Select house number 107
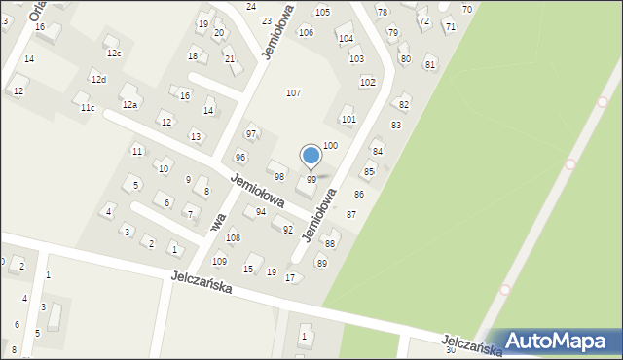pyautogui.click(x=293, y=92)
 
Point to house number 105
pyautogui.click(x=322, y=12)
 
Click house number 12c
pyautogui.click(x=114, y=54)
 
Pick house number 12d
pyautogui.click(x=98, y=79)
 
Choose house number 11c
pyautogui.click(x=88, y=107)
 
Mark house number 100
pyautogui.click(x=330, y=145)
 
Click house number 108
pyautogui.click(x=233, y=238)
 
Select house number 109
pyautogui.click(x=220, y=262)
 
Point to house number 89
pyautogui.click(x=322, y=264)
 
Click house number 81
pyautogui.click(x=430, y=63)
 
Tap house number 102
pyautogui.click(x=367, y=82)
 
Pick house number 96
pyautogui.click(x=240, y=157)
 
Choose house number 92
pyautogui.click(x=288, y=230)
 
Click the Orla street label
pyautogui.click(x=37, y=12)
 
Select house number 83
pyautogui.click(x=396, y=126)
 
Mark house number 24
pyautogui.click(x=251, y=7)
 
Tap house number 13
pyautogui.click(x=196, y=136)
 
